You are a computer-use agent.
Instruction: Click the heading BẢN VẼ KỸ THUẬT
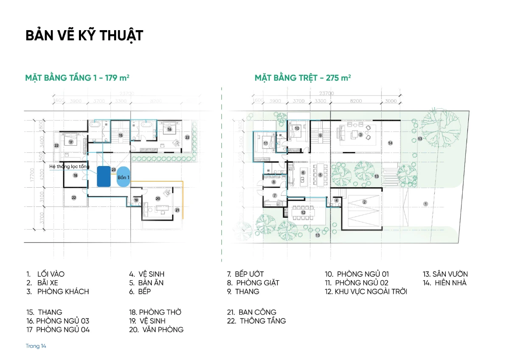(84, 36)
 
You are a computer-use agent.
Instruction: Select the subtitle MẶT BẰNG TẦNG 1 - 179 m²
(77, 78)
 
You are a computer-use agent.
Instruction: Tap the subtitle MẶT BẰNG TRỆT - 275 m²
(302, 78)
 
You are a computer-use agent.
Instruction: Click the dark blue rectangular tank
(103, 176)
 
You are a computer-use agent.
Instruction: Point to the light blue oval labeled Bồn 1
(123, 177)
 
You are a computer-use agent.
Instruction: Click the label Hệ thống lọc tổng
(69, 166)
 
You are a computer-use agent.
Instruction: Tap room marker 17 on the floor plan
(71, 142)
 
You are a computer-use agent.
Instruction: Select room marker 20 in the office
(158, 198)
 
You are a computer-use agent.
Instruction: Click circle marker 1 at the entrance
(425, 204)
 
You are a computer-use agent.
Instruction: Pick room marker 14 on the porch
(390, 143)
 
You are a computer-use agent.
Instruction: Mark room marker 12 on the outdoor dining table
(303, 212)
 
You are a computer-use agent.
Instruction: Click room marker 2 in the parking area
(364, 202)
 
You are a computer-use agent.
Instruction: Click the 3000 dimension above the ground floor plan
(391, 101)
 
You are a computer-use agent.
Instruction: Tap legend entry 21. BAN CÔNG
(252, 312)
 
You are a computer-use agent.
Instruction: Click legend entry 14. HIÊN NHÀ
(444, 283)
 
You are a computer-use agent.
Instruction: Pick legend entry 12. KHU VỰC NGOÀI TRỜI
(366, 292)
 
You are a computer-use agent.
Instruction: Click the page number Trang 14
(36, 346)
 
